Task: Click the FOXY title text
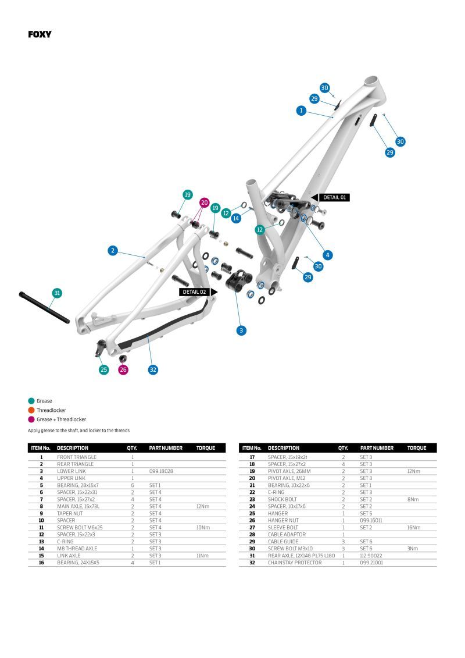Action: click(40, 34)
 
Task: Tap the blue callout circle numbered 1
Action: click(301, 110)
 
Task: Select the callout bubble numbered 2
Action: click(113, 251)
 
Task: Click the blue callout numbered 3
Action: click(241, 330)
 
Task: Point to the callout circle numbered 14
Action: click(236, 218)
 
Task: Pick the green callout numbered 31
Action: click(57, 293)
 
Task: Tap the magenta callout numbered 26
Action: click(123, 369)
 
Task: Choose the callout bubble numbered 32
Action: click(153, 369)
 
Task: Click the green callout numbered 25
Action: click(103, 369)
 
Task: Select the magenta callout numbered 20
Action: click(204, 202)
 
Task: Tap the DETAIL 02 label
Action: click(194, 291)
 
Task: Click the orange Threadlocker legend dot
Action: click(31, 410)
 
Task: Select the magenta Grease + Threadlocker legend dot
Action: click(31, 419)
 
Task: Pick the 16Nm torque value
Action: click(414, 528)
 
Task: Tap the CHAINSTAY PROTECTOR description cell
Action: click(294, 563)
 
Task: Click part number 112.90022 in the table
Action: click(372, 556)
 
